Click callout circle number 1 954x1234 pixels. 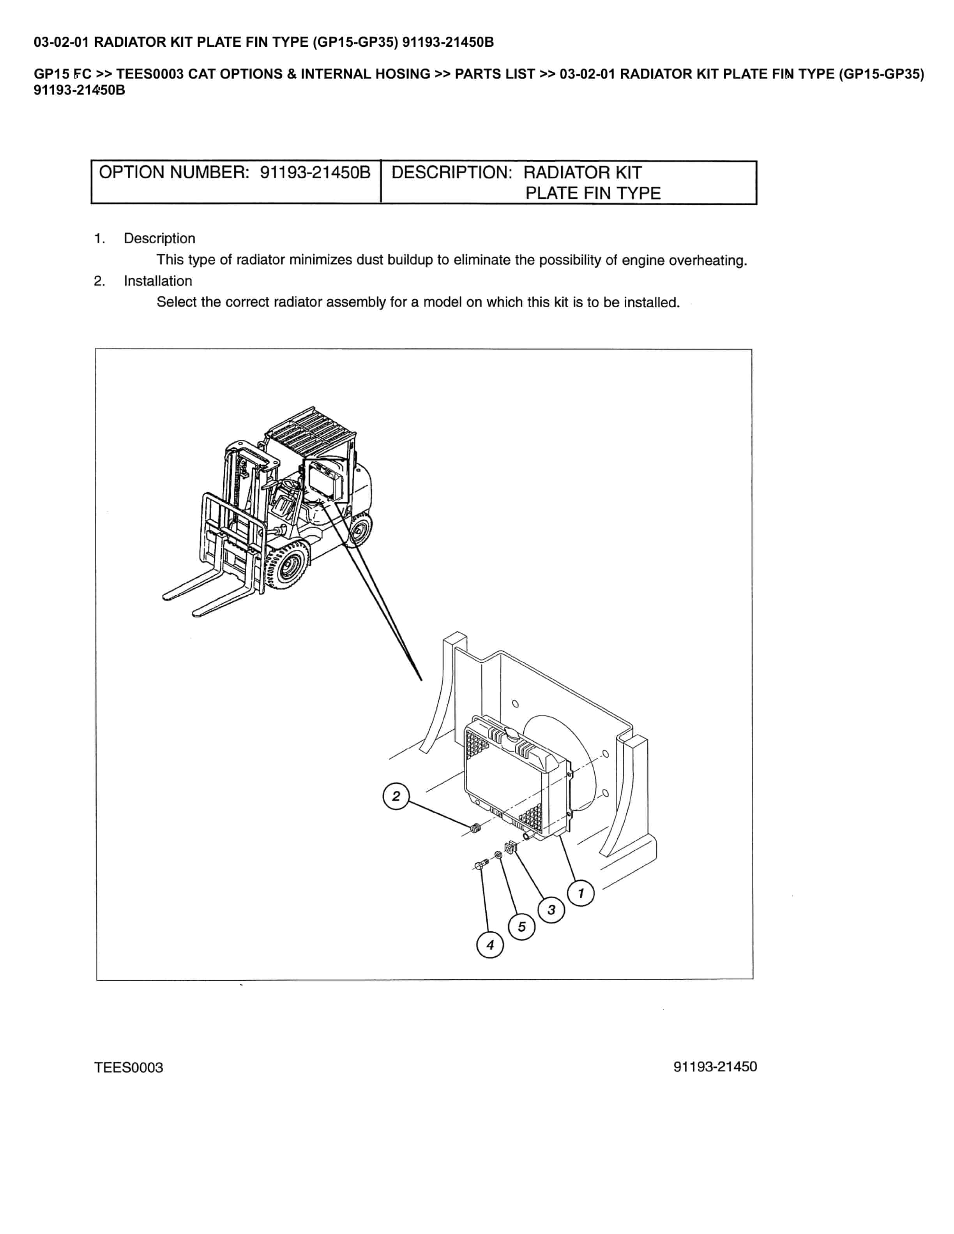pos(580,893)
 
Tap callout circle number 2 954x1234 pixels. pos(396,796)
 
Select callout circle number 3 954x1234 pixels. pos(551,910)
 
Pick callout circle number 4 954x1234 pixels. pos(490,945)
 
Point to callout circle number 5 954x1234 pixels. pos(522,927)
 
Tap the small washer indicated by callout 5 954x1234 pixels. pos(498,855)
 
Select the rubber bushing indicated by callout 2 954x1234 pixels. pos(476,829)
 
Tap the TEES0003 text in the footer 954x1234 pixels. pos(129,1067)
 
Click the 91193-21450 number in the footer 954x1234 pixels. pos(715,1066)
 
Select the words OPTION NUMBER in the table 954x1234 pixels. pos(173,172)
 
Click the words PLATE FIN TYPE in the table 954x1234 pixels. pos(593,193)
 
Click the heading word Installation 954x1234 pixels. pos(158,281)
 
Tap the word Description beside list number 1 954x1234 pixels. pos(159,238)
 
